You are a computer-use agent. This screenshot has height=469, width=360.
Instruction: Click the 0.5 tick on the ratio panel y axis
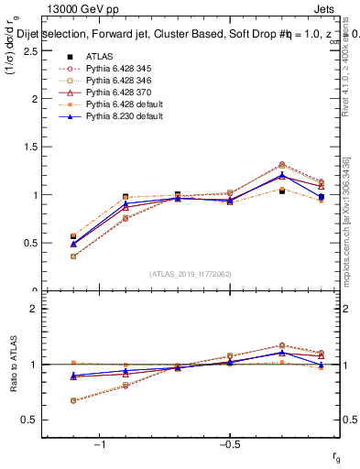click(39, 420)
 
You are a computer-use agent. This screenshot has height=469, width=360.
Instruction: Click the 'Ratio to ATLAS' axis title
click(13, 365)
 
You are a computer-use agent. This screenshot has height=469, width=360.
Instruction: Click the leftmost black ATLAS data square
click(73, 236)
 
